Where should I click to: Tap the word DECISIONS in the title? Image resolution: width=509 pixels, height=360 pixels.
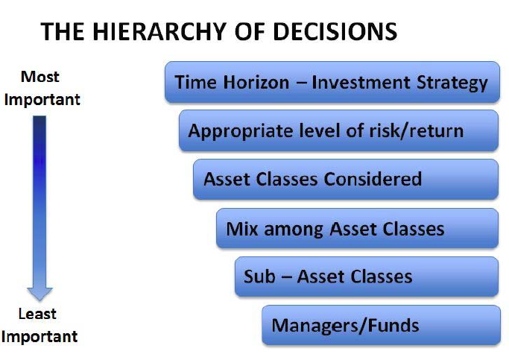tap(335, 31)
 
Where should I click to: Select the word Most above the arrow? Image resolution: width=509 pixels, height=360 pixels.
tap(40, 77)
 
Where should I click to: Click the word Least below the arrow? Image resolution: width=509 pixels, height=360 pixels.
tap(37, 314)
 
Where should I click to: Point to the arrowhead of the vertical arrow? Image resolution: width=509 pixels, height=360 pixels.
tap(39, 294)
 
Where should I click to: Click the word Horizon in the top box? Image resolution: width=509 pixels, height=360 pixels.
tap(256, 82)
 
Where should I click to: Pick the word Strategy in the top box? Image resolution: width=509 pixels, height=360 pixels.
tap(452, 83)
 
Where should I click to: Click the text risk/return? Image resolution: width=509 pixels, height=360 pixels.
tap(416, 131)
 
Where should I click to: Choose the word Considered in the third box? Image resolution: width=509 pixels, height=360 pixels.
tap(373, 179)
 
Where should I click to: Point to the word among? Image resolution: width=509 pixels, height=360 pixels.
tap(294, 230)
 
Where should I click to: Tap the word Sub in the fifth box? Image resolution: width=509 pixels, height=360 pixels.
tap(259, 277)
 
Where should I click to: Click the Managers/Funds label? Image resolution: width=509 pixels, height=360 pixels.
tap(345, 326)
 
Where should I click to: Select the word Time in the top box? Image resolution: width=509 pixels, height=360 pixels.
tap(196, 82)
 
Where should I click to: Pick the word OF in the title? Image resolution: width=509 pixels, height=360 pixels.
tap(250, 31)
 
